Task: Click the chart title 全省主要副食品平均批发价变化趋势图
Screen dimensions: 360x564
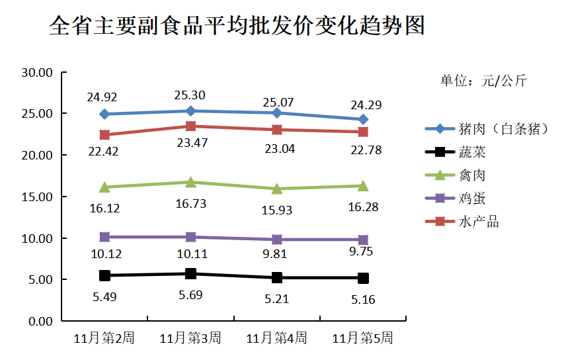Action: point(237,26)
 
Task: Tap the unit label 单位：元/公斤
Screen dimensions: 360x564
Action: point(484,81)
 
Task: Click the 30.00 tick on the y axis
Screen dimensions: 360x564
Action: point(37,72)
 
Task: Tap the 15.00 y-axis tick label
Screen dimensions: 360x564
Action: point(37,197)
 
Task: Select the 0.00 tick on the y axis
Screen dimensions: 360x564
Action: point(40,321)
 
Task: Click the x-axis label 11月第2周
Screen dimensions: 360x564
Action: point(104,338)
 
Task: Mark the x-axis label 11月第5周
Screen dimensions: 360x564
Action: point(362,338)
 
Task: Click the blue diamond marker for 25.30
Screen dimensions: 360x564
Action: point(190,111)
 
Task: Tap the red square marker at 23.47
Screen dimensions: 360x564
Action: point(190,126)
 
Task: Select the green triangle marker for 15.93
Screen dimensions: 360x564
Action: point(276,189)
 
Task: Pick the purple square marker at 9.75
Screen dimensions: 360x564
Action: point(362,240)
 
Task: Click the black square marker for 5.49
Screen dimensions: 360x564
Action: point(104,275)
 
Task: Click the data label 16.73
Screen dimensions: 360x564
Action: point(190,204)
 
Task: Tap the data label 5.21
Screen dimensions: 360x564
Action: point(278,299)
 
